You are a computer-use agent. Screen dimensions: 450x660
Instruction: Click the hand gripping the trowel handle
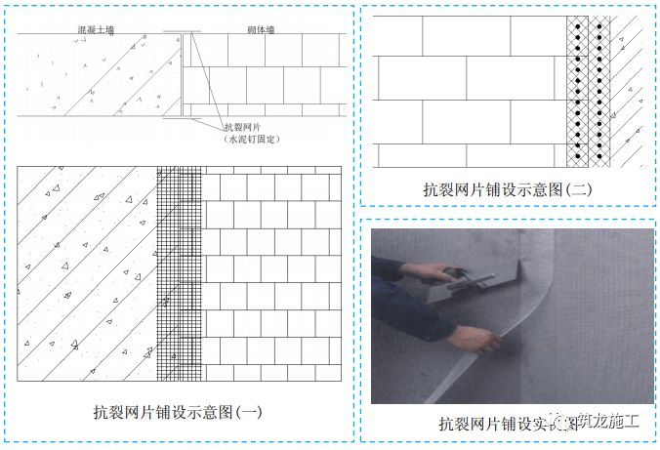(436, 272)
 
